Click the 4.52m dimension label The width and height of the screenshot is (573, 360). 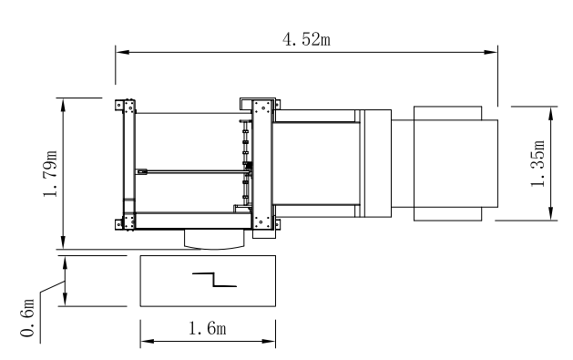tap(306, 39)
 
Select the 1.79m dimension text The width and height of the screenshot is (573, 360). tap(50, 173)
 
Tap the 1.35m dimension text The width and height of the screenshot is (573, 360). tap(537, 163)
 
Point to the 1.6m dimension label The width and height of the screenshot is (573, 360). tap(207, 328)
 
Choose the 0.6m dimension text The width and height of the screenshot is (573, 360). tap(27, 318)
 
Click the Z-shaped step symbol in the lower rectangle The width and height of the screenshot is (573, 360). tap(214, 280)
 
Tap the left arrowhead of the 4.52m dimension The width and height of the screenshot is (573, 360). tap(122, 52)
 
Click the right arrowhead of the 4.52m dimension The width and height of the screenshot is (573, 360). tap(490, 52)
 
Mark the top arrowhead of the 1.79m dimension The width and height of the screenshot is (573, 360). tap(63, 105)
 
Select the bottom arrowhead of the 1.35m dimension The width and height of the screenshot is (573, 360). tap(551, 213)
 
